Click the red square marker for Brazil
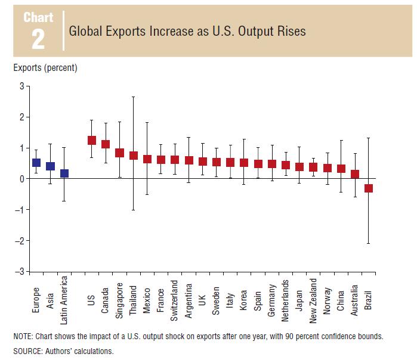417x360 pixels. point(369,188)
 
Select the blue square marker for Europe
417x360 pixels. point(36,162)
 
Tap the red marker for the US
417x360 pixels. point(92,140)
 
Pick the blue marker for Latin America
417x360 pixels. point(64,173)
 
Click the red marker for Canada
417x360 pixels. point(106,144)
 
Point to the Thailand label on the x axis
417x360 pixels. point(134,297)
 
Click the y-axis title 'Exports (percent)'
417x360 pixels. point(45,68)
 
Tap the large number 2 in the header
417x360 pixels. point(38,39)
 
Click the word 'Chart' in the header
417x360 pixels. point(38,17)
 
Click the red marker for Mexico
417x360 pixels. point(147,159)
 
